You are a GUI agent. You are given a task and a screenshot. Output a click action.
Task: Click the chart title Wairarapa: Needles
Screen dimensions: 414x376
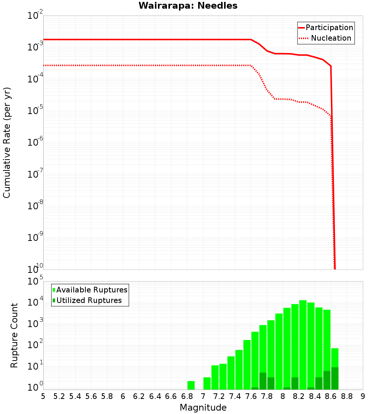188,6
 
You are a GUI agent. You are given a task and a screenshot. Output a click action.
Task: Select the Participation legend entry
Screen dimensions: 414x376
325,27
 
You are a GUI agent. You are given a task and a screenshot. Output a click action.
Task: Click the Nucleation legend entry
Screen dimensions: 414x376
325,38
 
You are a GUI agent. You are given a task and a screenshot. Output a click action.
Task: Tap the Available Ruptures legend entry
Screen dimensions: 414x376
90,290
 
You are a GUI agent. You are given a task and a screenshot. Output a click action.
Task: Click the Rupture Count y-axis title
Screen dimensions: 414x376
14,335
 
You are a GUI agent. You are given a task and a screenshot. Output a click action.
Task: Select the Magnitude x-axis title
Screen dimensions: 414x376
203,407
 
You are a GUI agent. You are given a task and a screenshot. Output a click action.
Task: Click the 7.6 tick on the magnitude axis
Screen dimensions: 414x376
251,396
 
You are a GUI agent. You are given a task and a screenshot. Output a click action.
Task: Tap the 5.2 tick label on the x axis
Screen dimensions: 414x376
59,396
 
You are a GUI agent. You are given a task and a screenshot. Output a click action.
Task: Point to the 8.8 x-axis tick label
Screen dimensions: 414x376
347,396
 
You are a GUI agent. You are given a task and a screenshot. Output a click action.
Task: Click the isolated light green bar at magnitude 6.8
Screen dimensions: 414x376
191,385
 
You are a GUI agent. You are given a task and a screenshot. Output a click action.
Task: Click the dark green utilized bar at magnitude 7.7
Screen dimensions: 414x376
263,381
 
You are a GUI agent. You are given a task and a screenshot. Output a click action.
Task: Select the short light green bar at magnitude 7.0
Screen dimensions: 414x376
207,383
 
